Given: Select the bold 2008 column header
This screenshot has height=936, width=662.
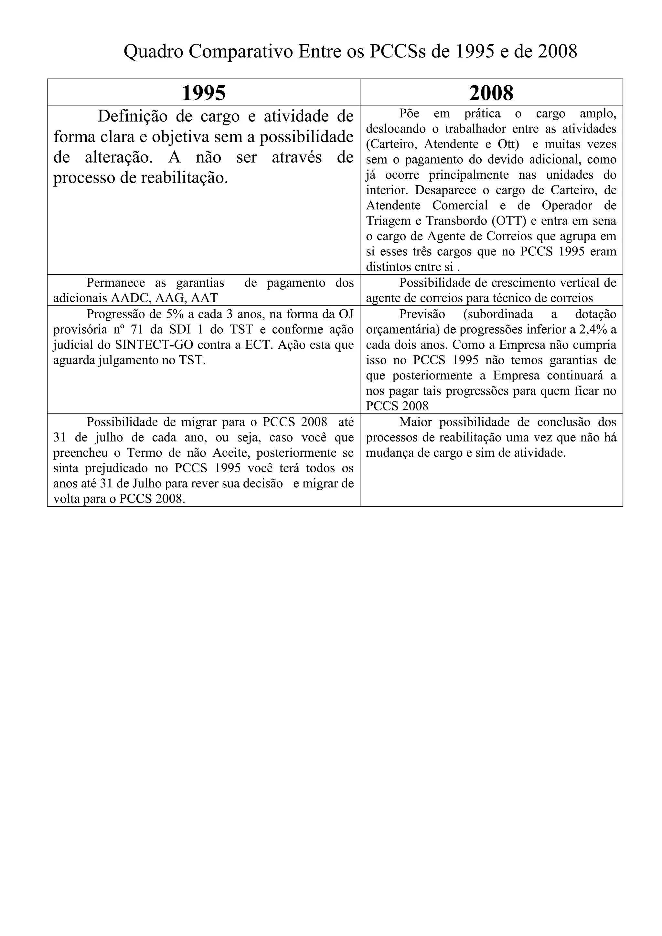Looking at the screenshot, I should (x=491, y=93).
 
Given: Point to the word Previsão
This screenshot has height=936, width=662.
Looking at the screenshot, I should (x=422, y=314).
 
